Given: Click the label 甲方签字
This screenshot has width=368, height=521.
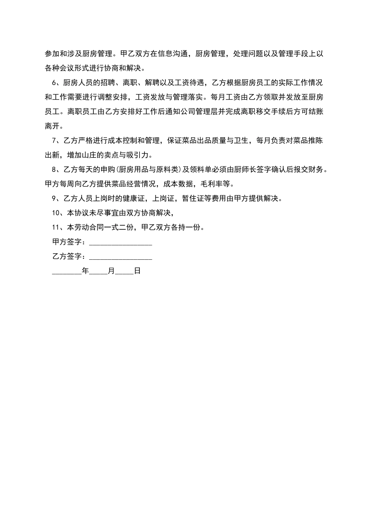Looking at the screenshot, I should [x=67, y=242].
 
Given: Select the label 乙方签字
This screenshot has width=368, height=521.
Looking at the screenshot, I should [x=67, y=257].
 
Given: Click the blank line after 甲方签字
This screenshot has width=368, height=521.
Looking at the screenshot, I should [x=120, y=243].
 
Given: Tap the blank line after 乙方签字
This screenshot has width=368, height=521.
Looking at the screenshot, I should [x=120, y=258].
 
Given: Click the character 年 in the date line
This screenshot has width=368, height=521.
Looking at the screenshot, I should [x=86, y=271].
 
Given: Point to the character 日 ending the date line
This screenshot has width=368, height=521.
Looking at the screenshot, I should [x=137, y=271].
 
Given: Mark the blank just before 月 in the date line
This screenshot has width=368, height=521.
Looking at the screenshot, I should [x=98, y=273].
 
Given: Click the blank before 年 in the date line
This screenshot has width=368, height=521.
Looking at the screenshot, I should [x=67, y=273].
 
